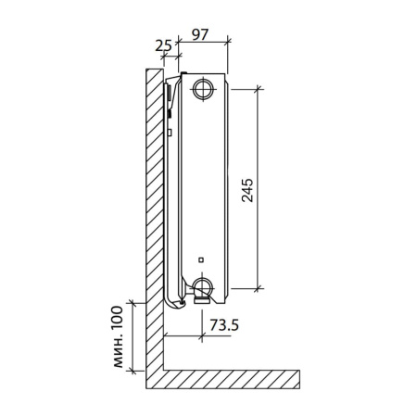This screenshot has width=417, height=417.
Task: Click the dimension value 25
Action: pos(164,44)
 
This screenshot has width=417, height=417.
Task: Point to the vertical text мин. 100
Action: pos(116,337)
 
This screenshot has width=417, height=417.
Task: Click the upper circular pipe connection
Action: pos(203,90)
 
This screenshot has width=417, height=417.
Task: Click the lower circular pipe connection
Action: pos(203,284)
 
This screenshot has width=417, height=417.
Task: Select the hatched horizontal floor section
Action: pos(232,379)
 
